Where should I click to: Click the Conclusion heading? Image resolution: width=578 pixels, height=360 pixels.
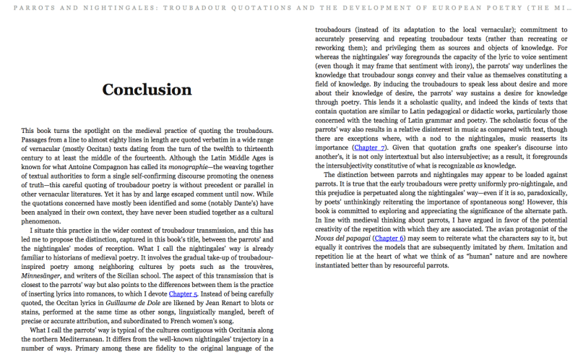[147, 90]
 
